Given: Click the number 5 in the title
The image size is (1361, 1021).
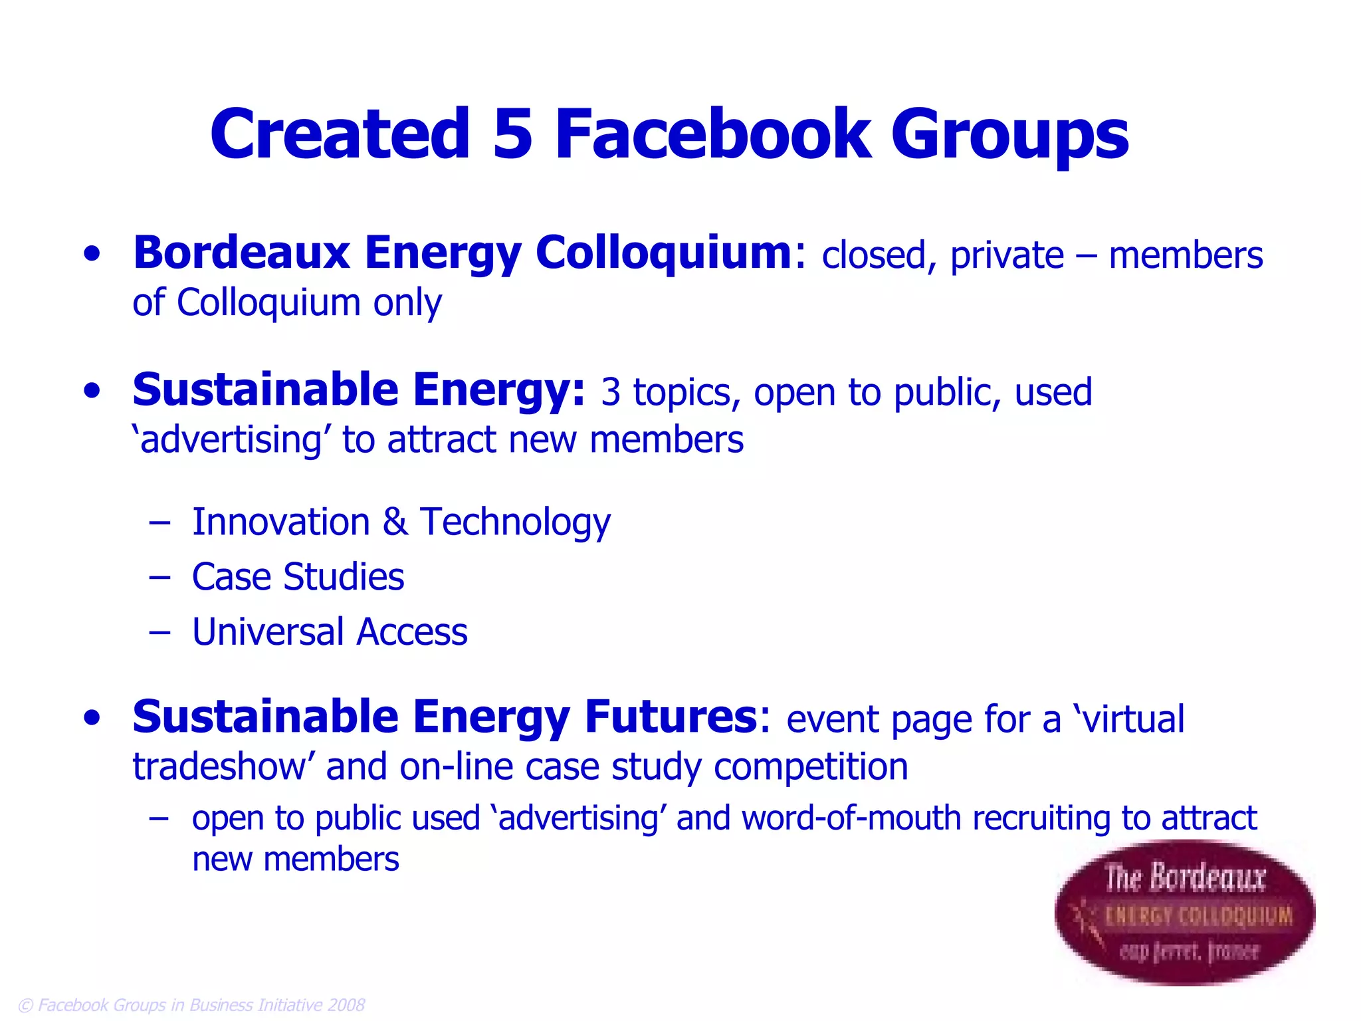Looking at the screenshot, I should [x=512, y=134].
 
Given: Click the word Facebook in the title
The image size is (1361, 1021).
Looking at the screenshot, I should [x=712, y=134].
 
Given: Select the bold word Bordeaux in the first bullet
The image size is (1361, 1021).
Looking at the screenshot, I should [x=241, y=253].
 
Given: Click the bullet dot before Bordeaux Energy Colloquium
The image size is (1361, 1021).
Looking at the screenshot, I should [x=92, y=254].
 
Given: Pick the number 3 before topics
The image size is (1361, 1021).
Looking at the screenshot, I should [x=610, y=392].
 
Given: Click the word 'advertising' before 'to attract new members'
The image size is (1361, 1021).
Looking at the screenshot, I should [x=231, y=440].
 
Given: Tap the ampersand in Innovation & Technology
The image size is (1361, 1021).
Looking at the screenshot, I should [x=395, y=522].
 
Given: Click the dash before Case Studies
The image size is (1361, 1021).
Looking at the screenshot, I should [x=159, y=577].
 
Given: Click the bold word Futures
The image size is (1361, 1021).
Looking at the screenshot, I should [x=671, y=717].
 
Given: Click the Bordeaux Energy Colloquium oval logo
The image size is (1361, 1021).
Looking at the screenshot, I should [x=1184, y=913].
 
